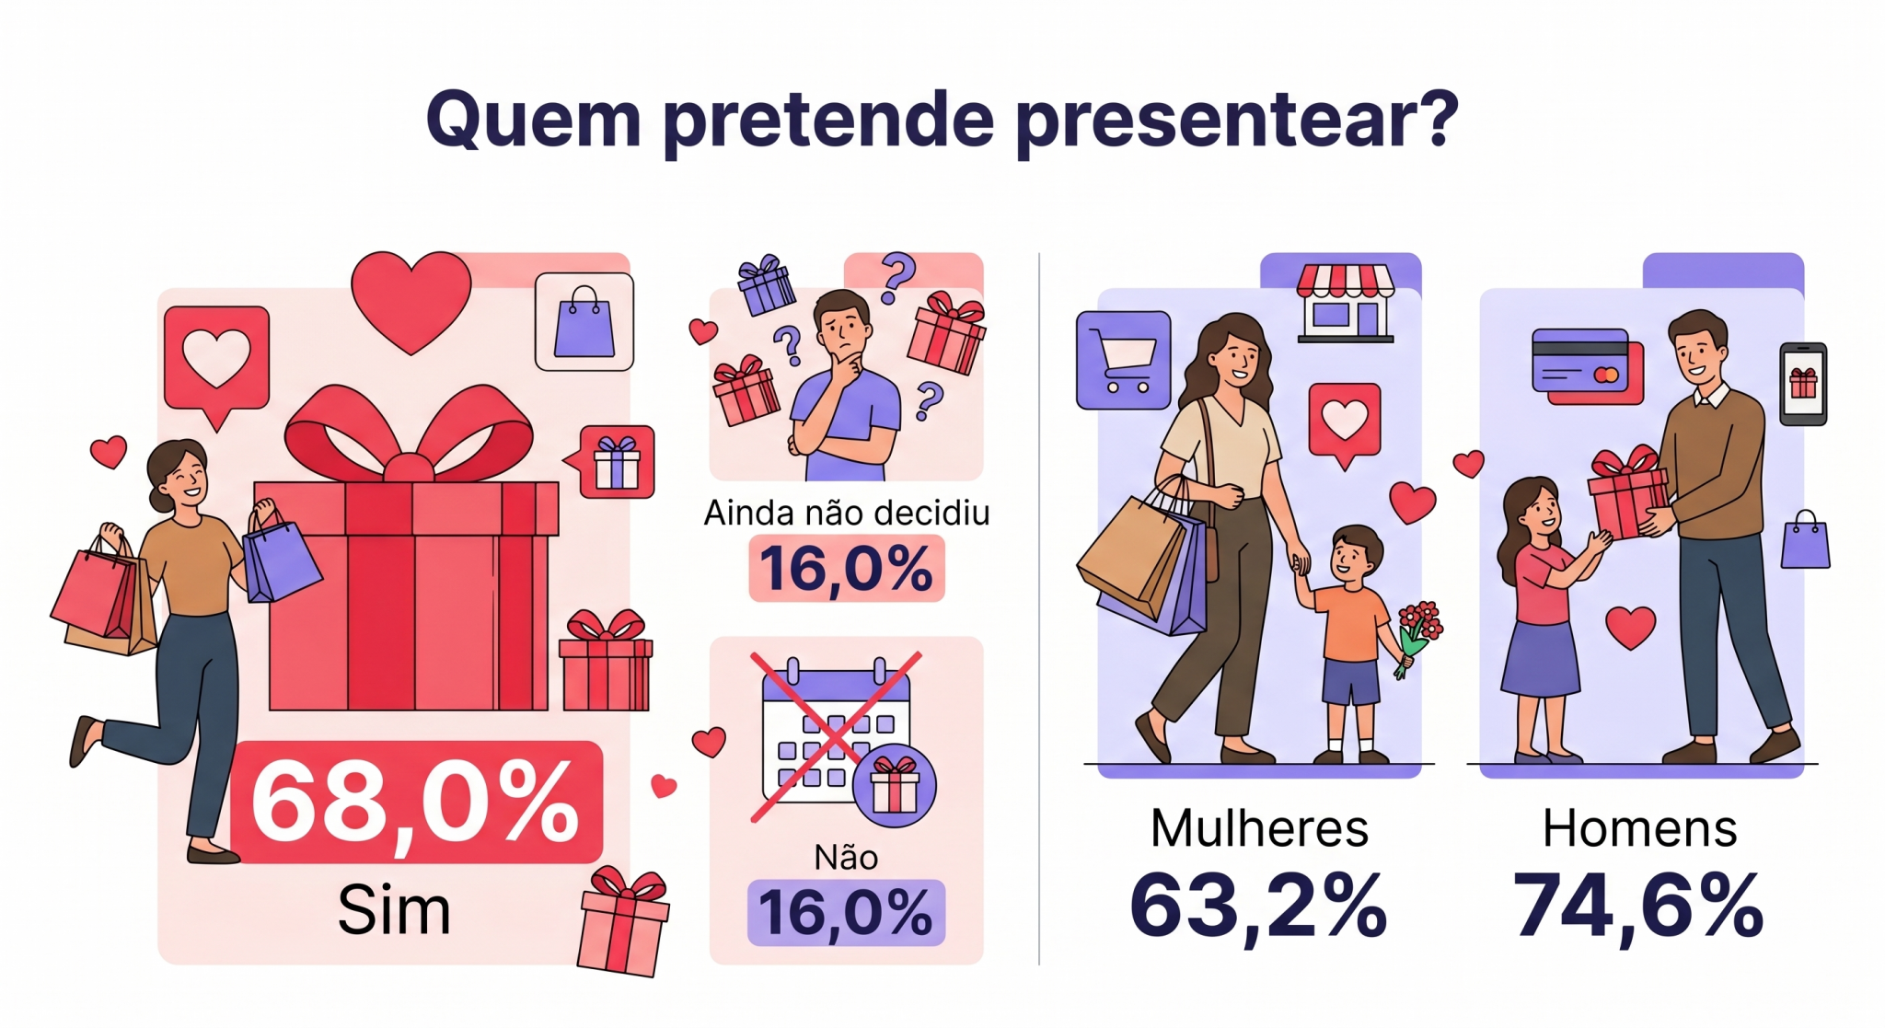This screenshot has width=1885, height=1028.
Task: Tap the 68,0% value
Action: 415,802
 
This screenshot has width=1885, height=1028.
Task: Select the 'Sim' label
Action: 394,910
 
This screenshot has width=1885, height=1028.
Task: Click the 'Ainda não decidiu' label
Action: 847,513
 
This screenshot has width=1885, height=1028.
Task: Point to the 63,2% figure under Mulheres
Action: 1258,906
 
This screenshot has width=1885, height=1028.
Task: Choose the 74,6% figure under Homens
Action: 1639,906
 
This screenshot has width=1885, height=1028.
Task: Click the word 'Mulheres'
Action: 1259,828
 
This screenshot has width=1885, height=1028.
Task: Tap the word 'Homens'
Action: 1639,828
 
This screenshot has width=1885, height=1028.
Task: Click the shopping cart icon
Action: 1123,360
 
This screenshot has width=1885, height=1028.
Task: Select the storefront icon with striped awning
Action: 1345,303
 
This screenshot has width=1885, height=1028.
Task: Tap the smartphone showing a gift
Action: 1802,384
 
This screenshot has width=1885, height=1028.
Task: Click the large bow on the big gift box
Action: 409,433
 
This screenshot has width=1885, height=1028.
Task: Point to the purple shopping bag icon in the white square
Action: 584,322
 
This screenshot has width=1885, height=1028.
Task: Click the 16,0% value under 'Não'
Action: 846,913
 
